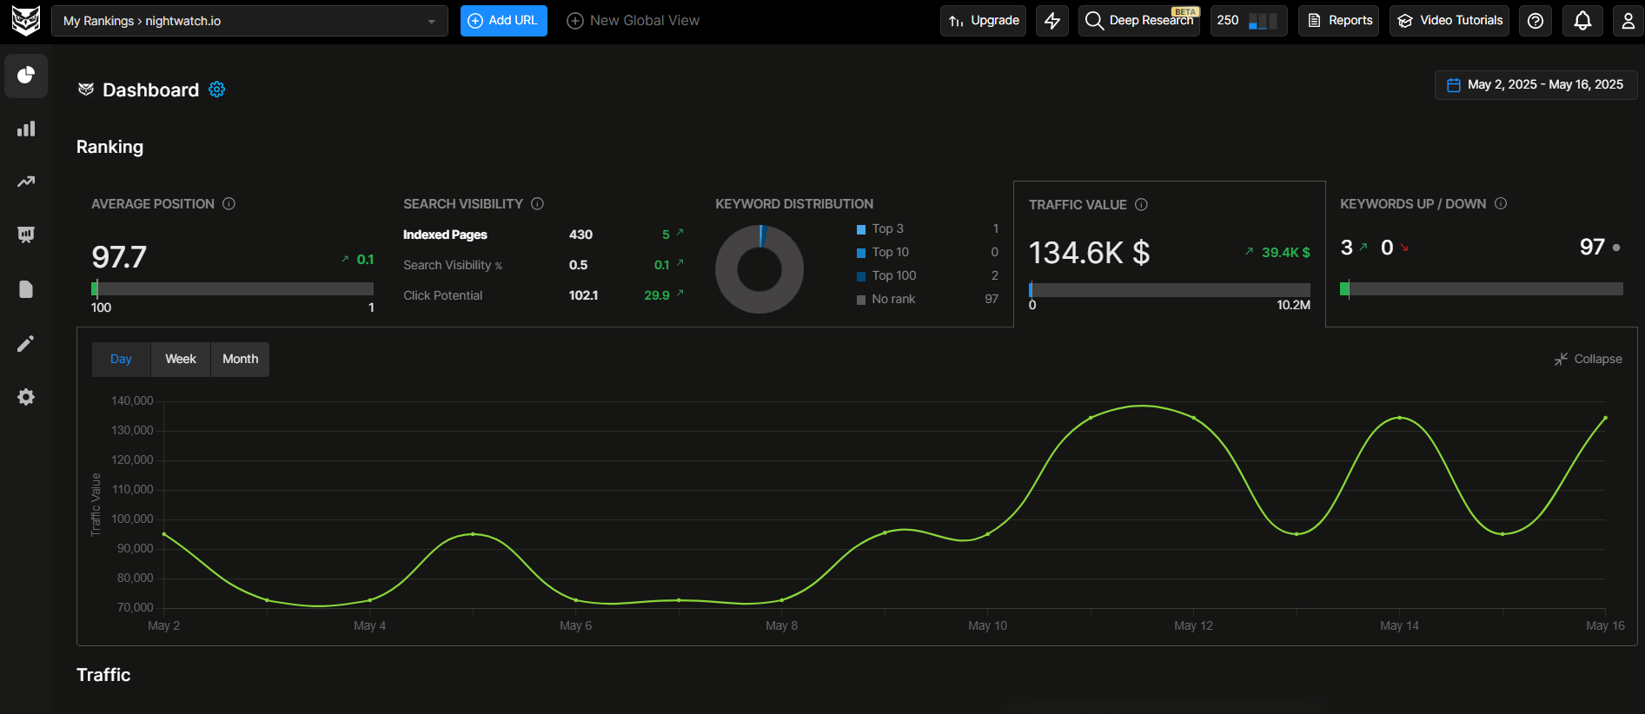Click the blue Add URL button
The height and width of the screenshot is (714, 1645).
(x=503, y=20)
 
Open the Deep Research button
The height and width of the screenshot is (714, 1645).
(x=1138, y=20)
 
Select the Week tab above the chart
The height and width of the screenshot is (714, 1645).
(x=181, y=359)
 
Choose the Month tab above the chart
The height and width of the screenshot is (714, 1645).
(x=240, y=359)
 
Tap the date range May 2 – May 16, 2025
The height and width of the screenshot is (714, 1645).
(x=1536, y=84)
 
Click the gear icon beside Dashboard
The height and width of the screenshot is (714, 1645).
(x=217, y=89)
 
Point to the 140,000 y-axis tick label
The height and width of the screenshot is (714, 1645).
(x=132, y=400)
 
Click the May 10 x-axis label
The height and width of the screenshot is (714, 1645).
(x=987, y=625)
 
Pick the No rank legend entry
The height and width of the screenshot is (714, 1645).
(x=892, y=299)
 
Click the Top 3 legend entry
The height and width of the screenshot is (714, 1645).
(x=887, y=228)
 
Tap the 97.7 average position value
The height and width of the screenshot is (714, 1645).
(x=119, y=257)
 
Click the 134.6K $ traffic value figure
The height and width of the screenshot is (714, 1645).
(x=1089, y=253)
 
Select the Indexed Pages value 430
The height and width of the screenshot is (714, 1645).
(x=580, y=235)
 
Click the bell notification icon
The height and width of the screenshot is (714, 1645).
(x=1582, y=20)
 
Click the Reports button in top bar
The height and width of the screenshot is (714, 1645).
(x=1339, y=20)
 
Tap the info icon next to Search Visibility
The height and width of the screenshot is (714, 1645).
(x=537, y=203)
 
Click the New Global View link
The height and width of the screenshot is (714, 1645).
(x=633, y=20)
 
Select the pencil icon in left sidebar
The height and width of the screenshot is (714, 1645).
(x=26, y=344)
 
